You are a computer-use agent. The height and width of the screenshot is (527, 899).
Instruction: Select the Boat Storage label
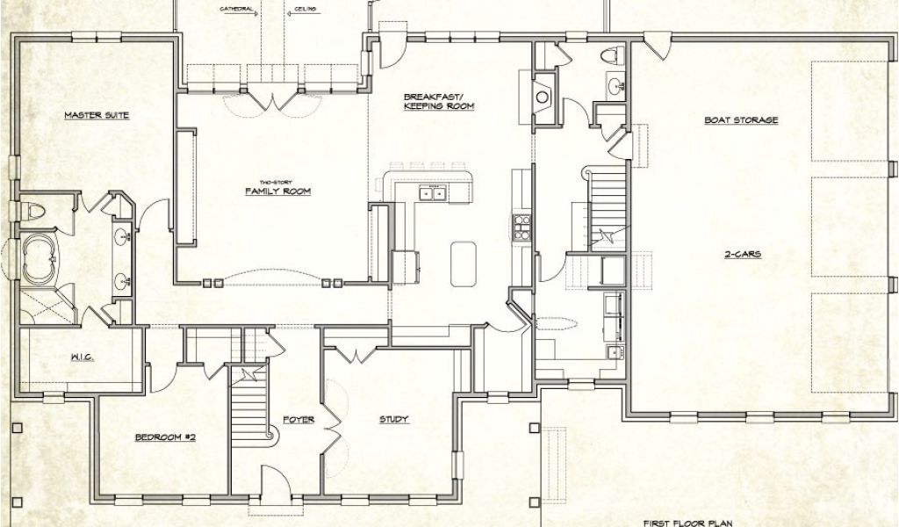click(x=741, y=120)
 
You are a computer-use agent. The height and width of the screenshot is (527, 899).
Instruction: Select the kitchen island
click(x=464, y=263)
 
